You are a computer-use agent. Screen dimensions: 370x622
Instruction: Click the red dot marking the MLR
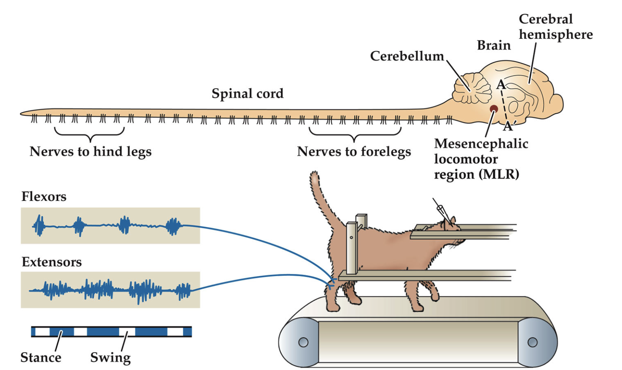click(494, 109)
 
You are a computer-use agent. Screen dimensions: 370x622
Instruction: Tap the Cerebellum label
click(407, 56)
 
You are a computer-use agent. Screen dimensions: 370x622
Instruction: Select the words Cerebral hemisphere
click(555, 27)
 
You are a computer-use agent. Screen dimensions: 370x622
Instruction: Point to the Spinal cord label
click(248, 93)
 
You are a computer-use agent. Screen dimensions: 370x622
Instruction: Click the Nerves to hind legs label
click(90, 151)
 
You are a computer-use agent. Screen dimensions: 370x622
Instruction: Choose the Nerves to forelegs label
click(354, 151)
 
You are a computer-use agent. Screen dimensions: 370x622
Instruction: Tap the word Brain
click(494, 45)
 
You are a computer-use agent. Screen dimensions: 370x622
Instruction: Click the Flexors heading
click(44, 196)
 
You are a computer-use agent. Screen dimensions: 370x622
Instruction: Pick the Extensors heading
click(52, 262)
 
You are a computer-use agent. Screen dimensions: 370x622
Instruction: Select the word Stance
click(41, 357)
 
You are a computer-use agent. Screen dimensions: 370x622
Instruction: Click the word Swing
click(110, 357)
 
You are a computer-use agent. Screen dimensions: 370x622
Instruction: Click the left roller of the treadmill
click(303, 342)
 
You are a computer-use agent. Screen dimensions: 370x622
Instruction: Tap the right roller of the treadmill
click(533, 342)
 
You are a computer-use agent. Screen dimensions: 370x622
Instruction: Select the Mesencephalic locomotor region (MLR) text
click(481, 159)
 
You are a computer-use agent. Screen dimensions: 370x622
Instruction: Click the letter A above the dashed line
click(501, 84)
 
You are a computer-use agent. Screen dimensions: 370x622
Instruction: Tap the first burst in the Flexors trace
click(39, 226)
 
